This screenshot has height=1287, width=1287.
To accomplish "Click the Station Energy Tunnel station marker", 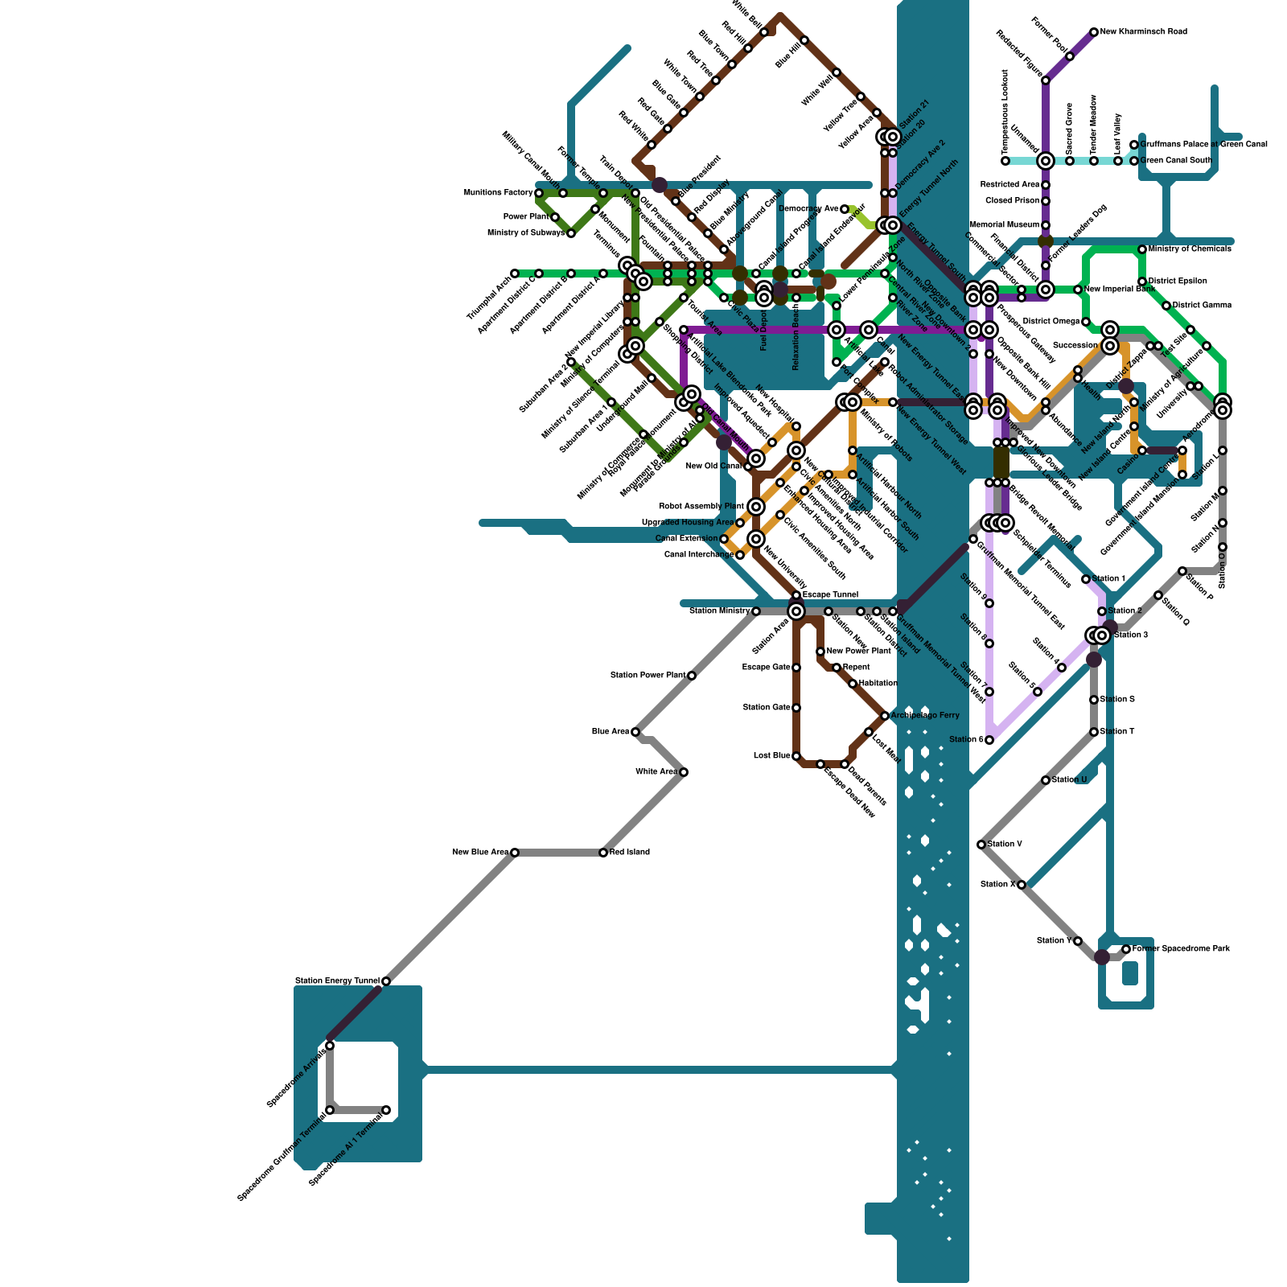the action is tap(386, 981).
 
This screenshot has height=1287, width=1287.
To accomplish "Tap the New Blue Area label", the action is tap(479, 853).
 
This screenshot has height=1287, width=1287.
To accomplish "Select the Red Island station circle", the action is tap(603, 853).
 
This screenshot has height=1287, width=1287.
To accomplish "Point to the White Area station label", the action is tap(656, 772).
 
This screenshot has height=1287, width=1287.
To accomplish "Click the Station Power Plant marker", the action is tap(692, 676).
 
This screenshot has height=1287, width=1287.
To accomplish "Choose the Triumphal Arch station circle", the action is tap(515, 273).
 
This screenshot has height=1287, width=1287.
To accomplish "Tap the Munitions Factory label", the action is tap(498, 193).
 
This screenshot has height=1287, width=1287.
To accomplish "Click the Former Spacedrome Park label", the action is tap(1181, 949).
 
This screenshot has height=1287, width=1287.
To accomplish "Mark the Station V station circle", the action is tap(981, 845).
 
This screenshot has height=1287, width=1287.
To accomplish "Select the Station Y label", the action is tap(1053, 941).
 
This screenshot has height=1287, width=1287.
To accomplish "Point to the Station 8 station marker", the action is tap(989, 740).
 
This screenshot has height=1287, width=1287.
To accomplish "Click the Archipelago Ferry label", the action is tap(925, 715).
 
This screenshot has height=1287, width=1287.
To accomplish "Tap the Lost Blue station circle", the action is tap(796, 756).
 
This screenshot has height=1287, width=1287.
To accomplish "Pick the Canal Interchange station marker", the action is tap(740, 555).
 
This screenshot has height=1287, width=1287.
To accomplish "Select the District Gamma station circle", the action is tap(1166, 306).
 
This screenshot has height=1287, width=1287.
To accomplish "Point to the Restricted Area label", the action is tap(1009, 185).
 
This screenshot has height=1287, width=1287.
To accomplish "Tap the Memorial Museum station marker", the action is tap(1046, 225).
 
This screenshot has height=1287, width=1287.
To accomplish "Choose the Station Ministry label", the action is tap(719, 611).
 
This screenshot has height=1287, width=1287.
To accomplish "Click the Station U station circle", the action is tap(1046, 780).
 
